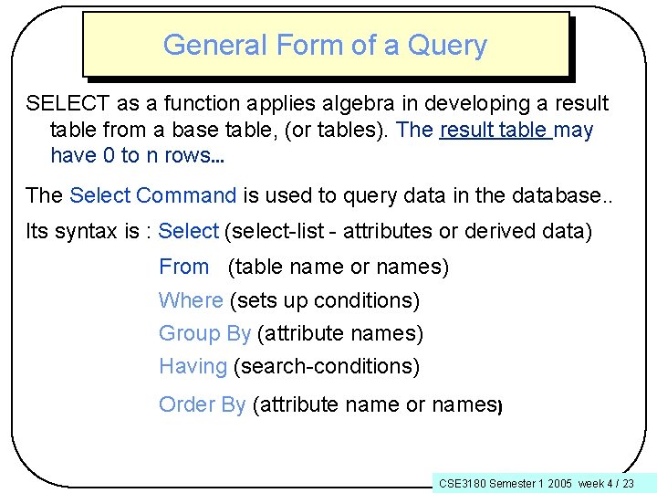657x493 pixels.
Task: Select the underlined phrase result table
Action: coord(495,130)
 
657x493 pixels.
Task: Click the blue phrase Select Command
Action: coord(152,195)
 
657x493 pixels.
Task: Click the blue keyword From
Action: coord(183,267)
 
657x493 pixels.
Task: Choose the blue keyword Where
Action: coord(191,300)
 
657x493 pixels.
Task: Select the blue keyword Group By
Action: coord(204,334)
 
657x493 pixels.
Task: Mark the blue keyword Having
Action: coord(193,367)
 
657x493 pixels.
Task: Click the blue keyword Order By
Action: coord(202,404)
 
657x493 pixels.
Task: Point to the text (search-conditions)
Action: coord(327,367)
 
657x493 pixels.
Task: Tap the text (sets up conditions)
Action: coord(325,300)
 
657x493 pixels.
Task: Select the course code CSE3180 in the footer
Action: coord(462,483)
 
